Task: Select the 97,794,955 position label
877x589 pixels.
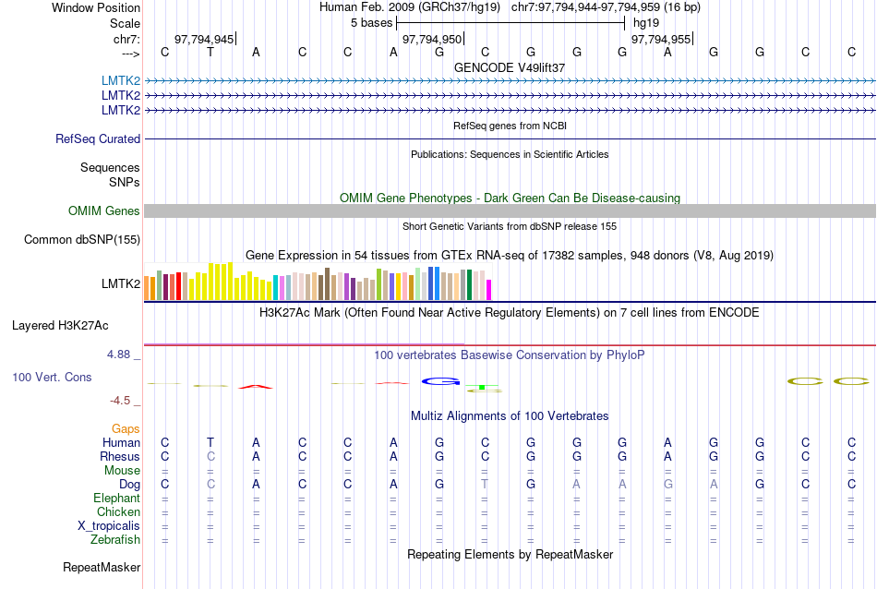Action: coord(660,40)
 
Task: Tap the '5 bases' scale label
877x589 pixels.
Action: coord(371,22)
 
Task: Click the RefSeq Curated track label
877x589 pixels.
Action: coord(98,139)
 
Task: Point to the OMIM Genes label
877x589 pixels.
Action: coord(104,211)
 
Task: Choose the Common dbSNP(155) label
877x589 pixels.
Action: coord(82,240)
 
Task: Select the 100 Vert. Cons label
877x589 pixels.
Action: coord(52,378)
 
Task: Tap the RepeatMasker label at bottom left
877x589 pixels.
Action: coord(102,567)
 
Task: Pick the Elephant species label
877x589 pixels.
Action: coord(116,499)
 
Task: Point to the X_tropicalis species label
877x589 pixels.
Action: coord(110,526)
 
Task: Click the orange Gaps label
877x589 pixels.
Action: coord(126,429)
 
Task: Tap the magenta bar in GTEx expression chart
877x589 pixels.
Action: coord(489,289)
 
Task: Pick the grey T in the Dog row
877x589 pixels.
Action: coord(485,485)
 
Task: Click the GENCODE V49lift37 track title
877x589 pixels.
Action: coord(510,67)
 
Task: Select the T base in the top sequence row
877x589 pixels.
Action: coord(210,52)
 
